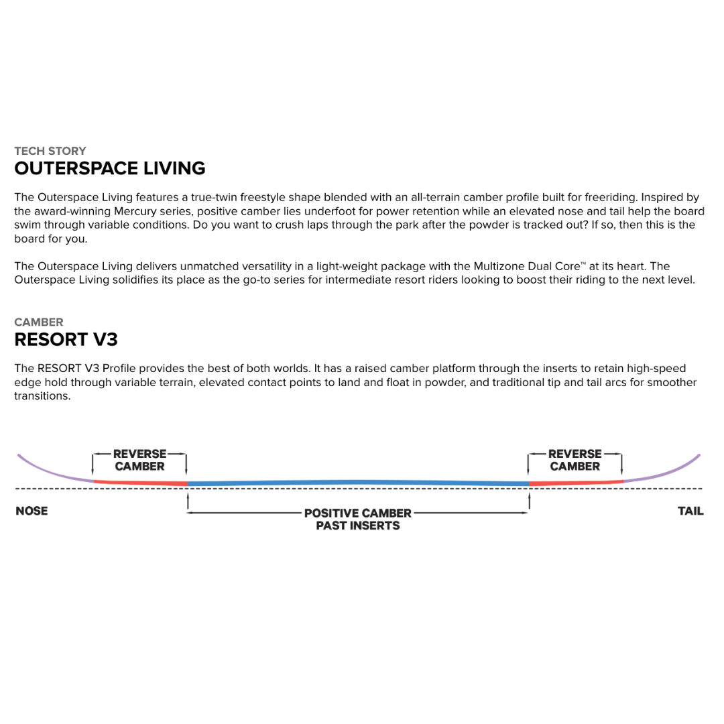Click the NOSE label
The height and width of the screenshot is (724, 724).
[32, 511]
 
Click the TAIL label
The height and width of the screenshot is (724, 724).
[690, 511]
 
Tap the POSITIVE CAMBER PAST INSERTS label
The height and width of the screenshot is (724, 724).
[358, 519]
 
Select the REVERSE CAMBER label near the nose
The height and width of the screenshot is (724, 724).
[139, 460]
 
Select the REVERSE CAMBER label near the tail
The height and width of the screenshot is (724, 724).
[575, 460]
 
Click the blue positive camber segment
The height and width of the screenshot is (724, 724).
[358, 483]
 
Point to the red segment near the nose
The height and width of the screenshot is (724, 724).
[141, 482]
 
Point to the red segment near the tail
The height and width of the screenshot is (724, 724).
[577, 482]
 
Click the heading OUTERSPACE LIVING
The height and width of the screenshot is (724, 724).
[110, 168]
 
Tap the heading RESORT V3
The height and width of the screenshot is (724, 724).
[66, 339]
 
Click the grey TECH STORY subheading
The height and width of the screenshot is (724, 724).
[50, 151]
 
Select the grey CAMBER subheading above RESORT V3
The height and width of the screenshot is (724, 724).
[39, 322]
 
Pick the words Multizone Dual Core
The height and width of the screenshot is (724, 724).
[514, 266]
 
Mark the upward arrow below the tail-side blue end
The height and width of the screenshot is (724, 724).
[530, 501]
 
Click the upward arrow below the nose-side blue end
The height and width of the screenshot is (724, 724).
[188, 501]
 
